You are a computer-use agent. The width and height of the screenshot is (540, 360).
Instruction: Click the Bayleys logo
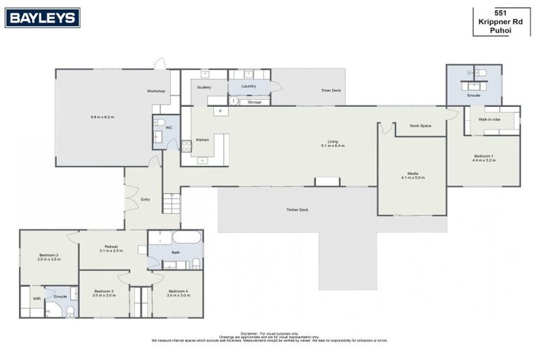42,18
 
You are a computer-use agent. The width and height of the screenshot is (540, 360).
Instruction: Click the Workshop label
155,91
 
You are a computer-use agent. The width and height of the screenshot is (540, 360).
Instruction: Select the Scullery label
204,87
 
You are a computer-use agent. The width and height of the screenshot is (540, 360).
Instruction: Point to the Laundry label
248,86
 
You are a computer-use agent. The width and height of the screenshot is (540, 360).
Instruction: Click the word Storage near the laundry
255,102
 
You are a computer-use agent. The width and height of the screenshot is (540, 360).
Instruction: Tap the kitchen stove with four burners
186,146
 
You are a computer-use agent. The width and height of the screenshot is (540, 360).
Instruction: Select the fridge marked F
219,111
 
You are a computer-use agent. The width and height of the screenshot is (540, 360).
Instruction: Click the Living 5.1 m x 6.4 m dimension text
333,145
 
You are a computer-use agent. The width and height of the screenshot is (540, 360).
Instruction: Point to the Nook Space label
420,126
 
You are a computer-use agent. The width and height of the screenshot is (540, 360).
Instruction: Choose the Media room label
413,175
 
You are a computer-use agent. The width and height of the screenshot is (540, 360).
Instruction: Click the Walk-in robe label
489,120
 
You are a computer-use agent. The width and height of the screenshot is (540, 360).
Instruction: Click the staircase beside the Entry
171,204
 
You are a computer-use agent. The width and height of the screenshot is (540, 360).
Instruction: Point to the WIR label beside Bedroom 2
37,298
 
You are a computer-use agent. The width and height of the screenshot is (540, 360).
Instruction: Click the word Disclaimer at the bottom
249,333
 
